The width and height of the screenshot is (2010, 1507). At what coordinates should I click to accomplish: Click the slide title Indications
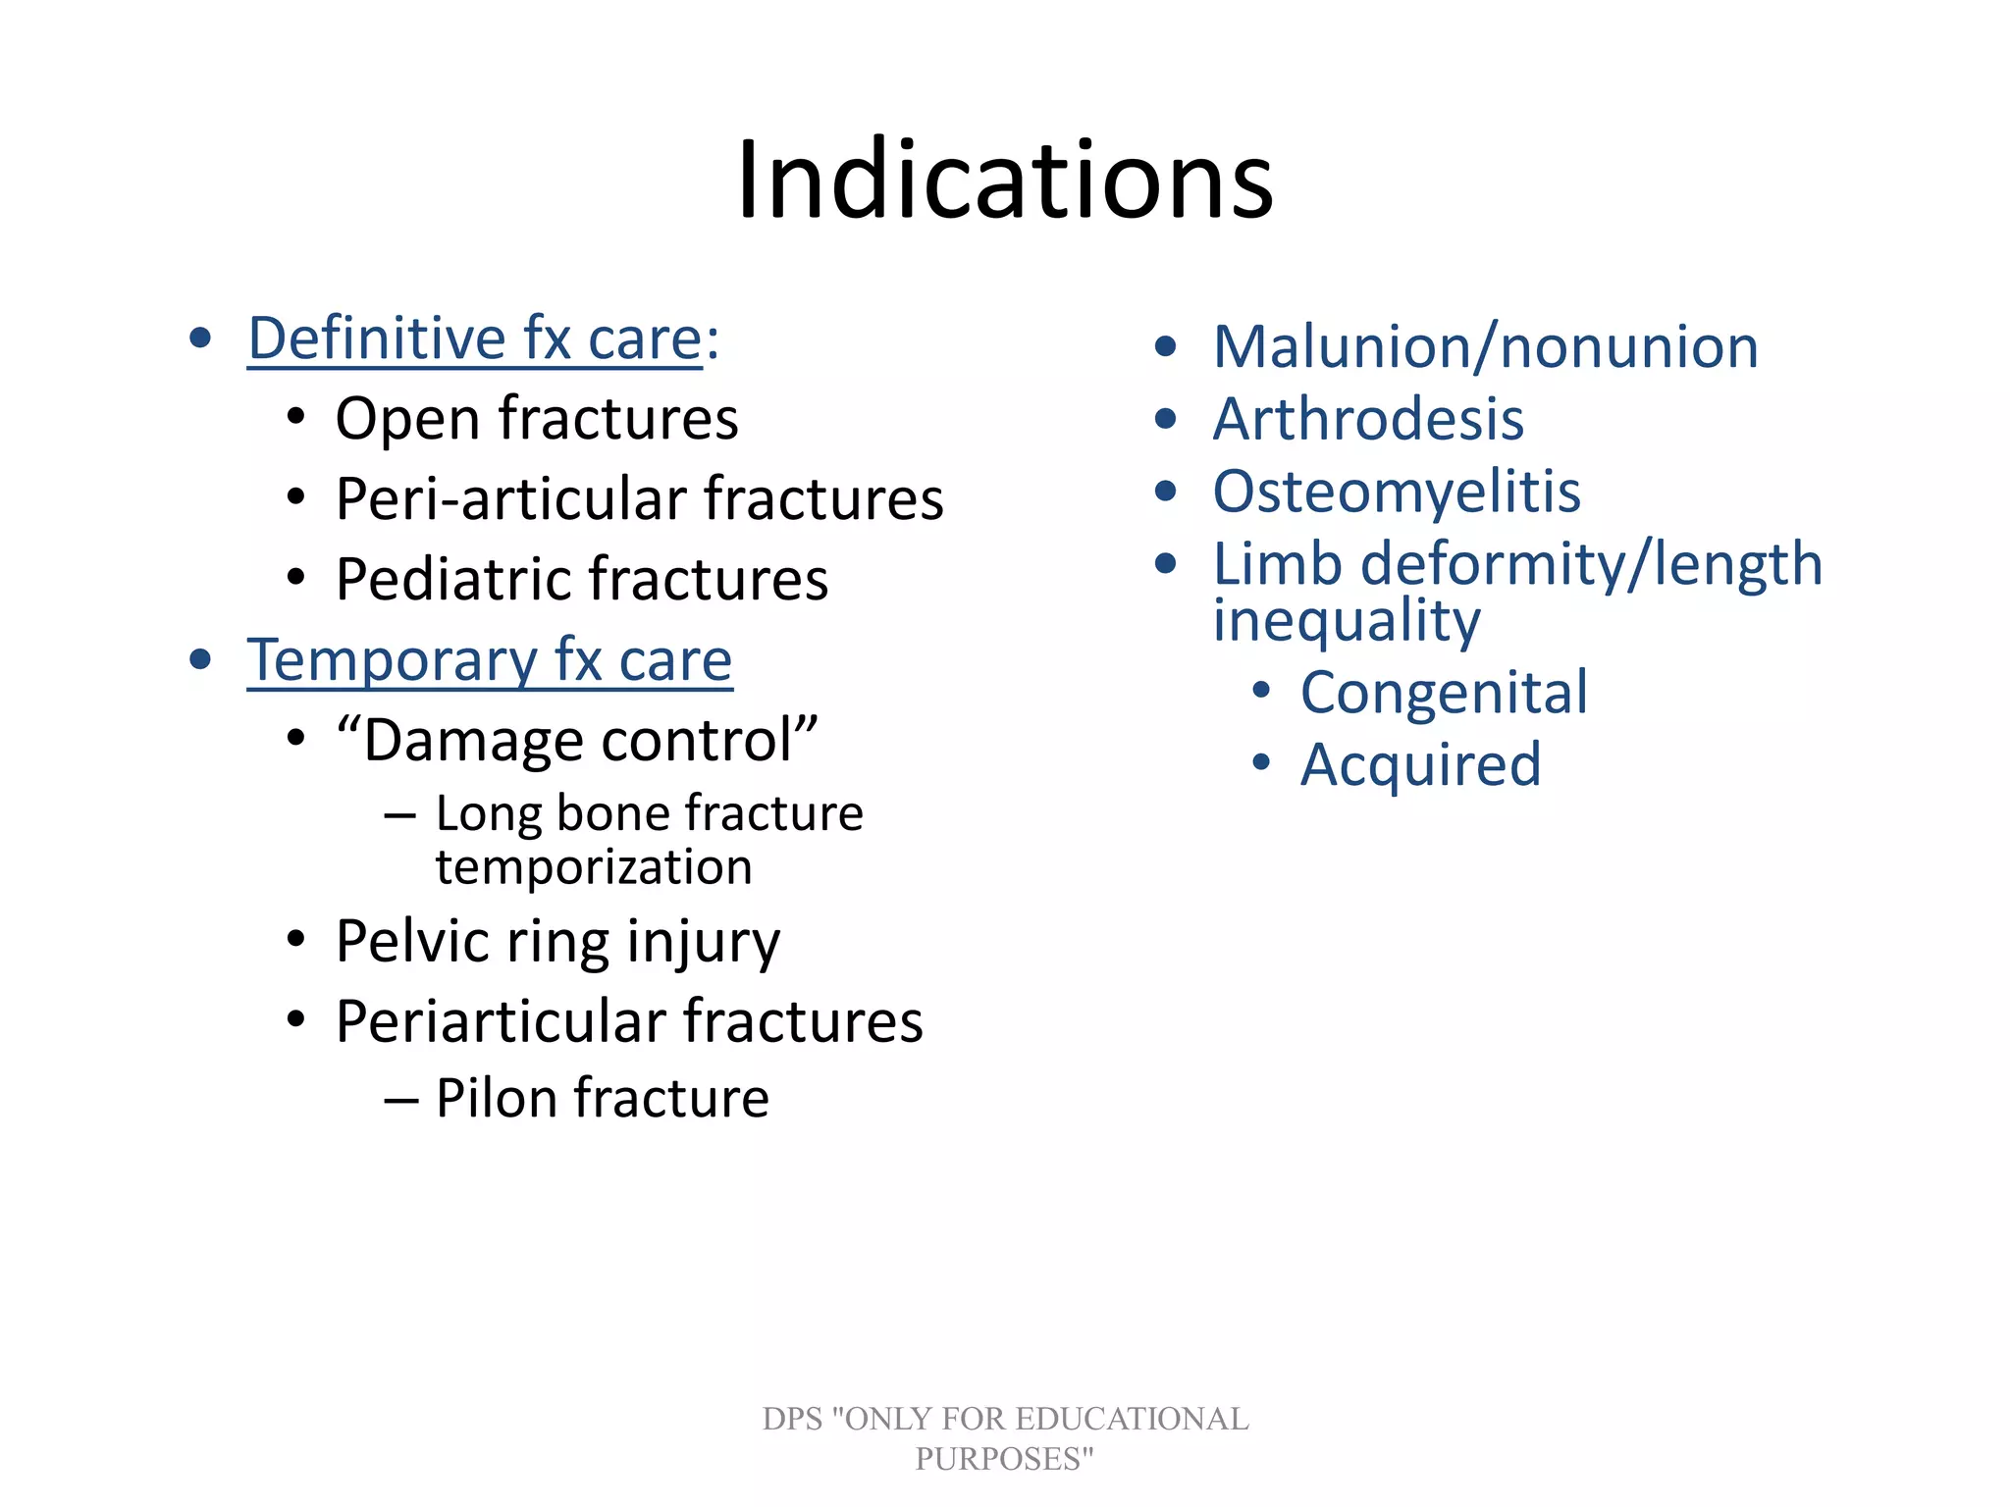point(1004,181)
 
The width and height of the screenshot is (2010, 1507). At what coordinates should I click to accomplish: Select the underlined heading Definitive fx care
point(475,338)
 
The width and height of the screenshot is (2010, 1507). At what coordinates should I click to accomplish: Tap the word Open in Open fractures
point(407,420)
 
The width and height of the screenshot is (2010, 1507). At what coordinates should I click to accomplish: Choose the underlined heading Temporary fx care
point(489,660)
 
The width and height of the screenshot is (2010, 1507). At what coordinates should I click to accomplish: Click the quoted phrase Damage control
point(577,740)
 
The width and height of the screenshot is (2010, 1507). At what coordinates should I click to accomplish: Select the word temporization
point(594,867)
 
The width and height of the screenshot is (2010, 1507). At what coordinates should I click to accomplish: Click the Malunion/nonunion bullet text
point(1485,347)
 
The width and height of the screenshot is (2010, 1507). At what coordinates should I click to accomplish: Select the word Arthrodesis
point(1368,420)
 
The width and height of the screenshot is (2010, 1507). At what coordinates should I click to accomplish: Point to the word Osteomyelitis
point(1397,492)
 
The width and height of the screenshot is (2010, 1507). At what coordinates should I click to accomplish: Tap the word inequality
point(1347,622)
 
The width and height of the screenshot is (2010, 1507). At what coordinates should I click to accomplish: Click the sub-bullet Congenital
point(1444,693)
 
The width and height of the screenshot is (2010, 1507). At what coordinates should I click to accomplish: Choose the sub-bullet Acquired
point(1420,765)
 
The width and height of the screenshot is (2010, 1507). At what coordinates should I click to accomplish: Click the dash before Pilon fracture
point(400,1100)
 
